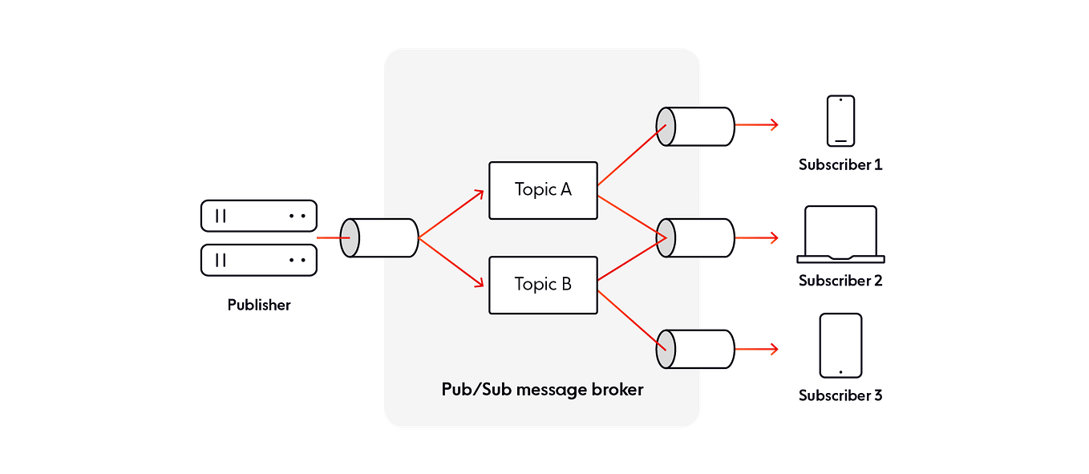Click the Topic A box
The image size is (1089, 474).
pyautogui.click(x=543, y=190)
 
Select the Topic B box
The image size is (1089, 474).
pyautogui.click(x=543, y=285)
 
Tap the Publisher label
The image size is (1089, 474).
pyautogui.click(x=258, y=305)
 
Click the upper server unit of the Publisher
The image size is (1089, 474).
pyautogui.click(x=258, y=217)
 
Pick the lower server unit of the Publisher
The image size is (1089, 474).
pyautogui.click(x=258, y=260)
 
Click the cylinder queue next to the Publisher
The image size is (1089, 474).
pyautogui.click(x=379, y=237)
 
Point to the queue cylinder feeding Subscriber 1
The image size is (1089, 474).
pyautogui.click(x=695, y=124)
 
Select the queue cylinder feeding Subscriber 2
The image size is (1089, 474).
pyautogui.click(x=695, y=237)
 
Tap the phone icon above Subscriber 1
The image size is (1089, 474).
pyautogui.click(x=840, y=121)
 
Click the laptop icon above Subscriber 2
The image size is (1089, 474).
pyautogui.click(x=840, y=235)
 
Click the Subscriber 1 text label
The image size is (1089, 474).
pyautogui.click(x=840, y=165)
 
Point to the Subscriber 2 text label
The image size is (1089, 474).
pyautogui.click(x=840, y=281)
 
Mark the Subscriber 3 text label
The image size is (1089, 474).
pyautogui.click(x=840, y=395)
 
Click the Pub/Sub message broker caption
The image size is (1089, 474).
pyautogui.click(x=543, y=391)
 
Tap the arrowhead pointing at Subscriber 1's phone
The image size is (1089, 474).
pyautogui.click(x=774, y=124)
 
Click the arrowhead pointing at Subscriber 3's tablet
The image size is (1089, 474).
pyautogui.click(x=774, y=350)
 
